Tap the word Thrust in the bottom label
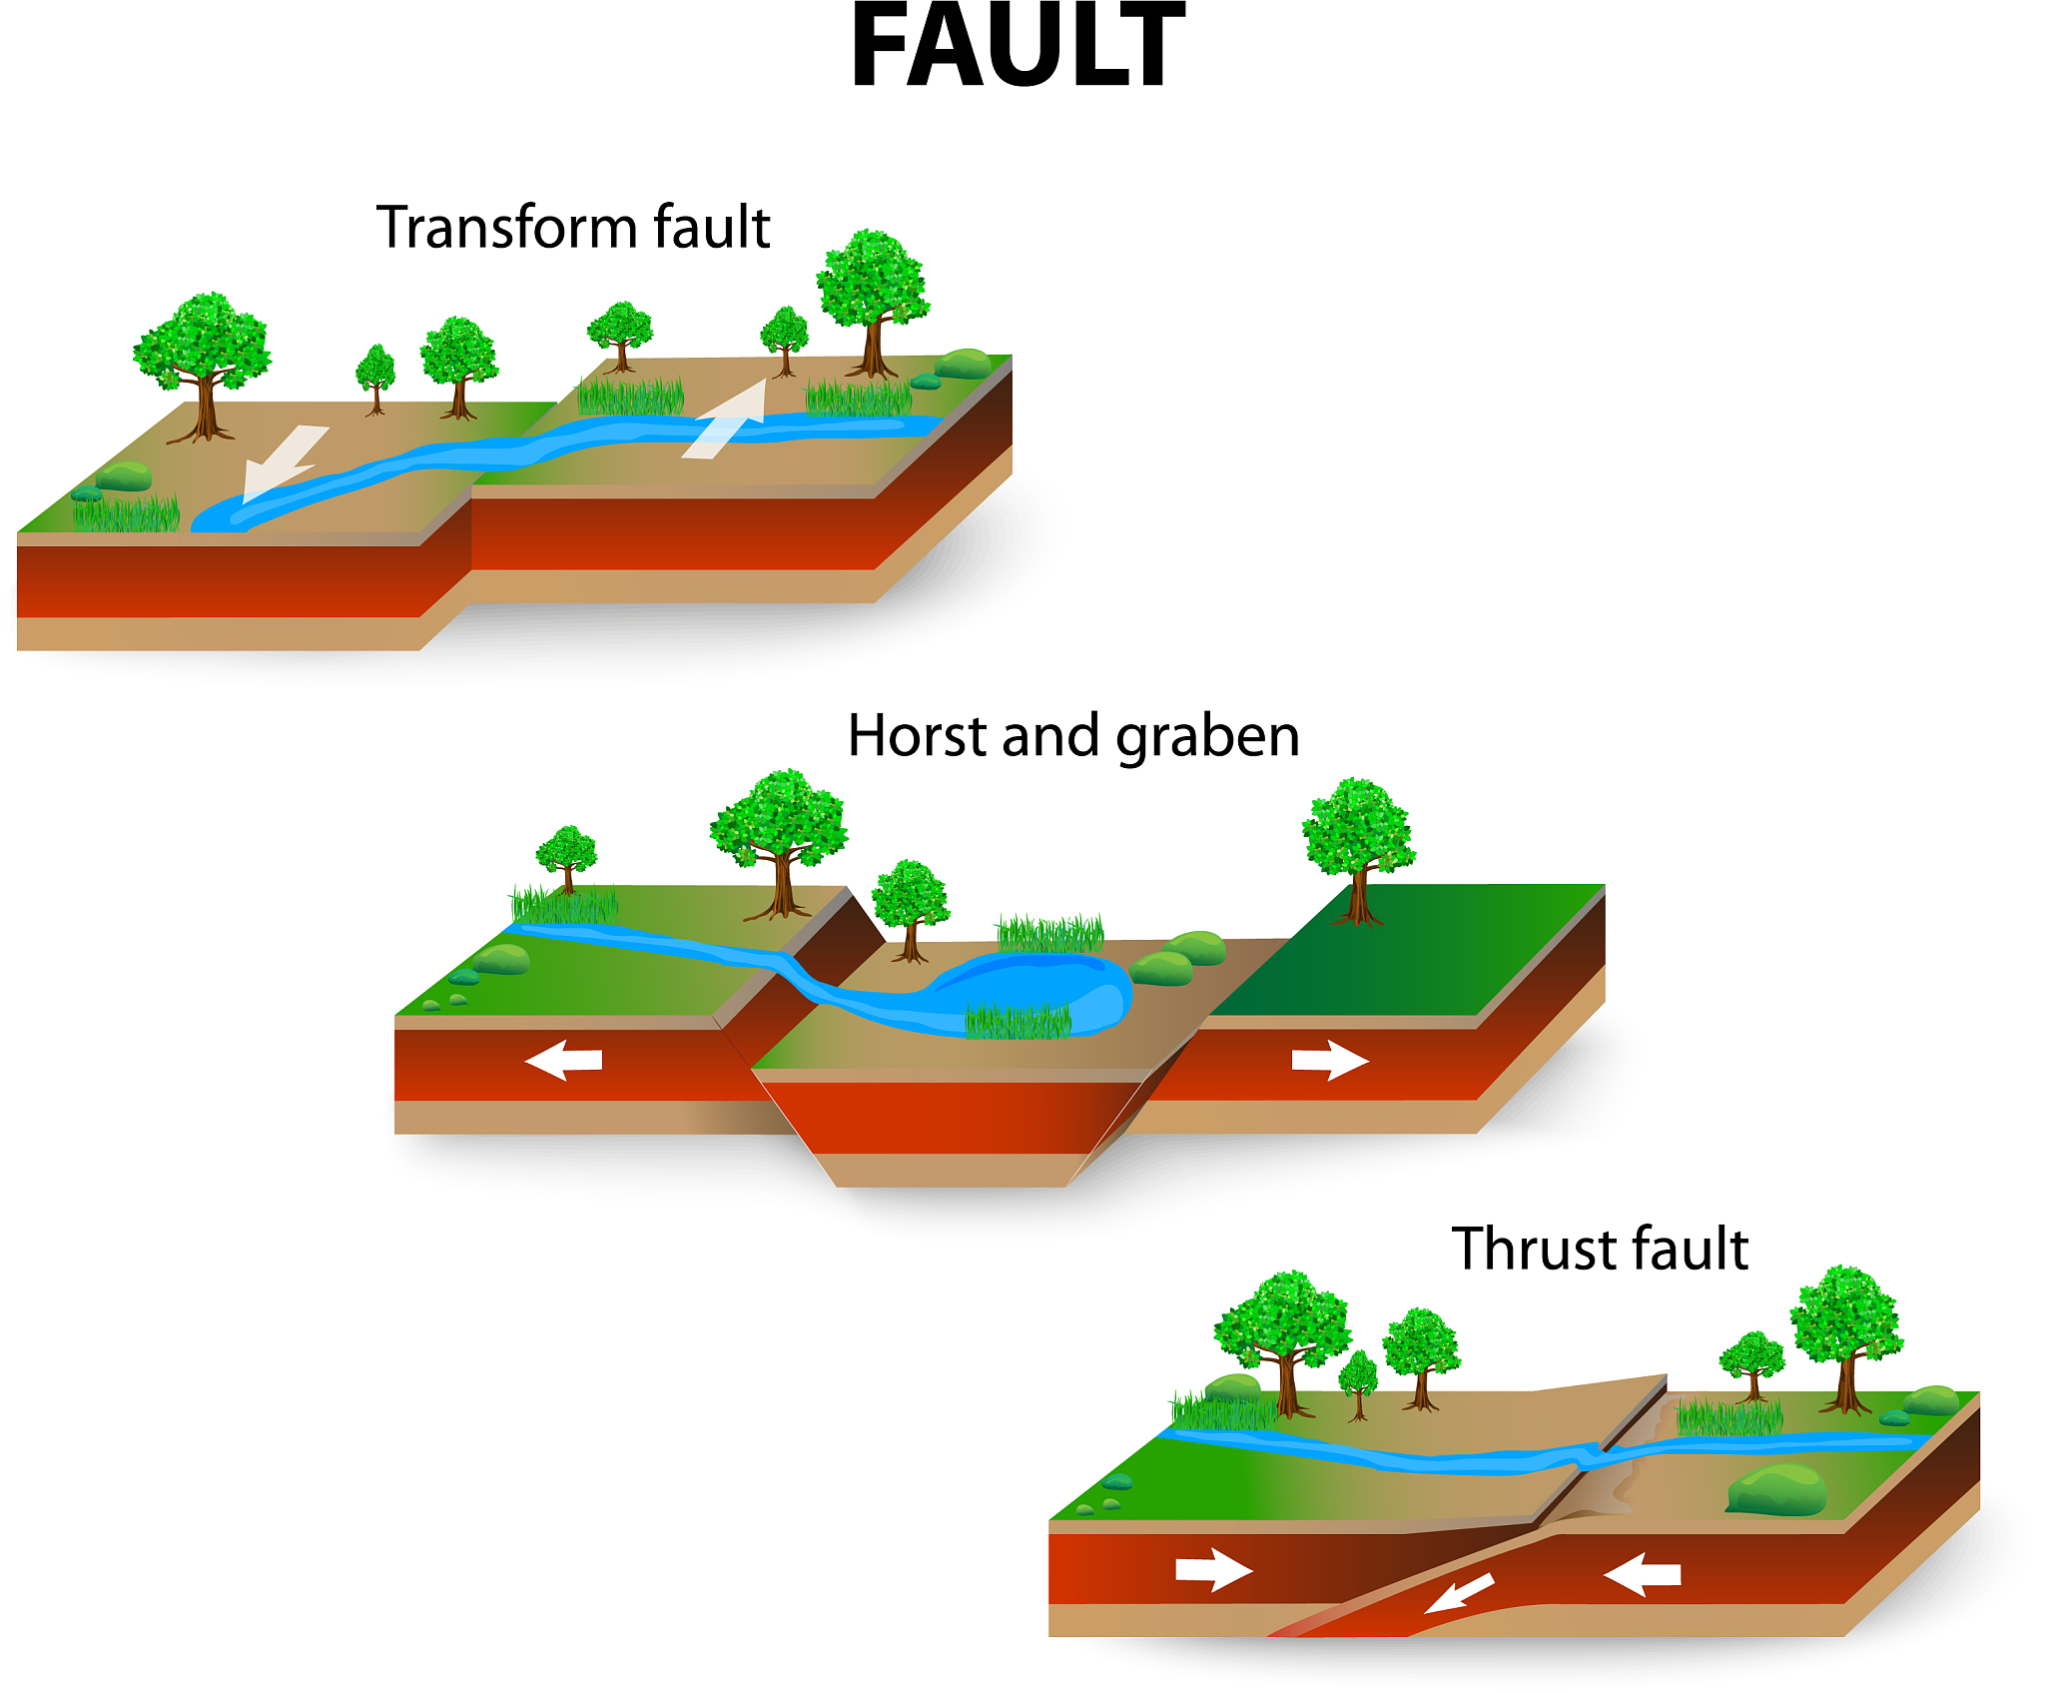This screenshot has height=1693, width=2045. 1536,1249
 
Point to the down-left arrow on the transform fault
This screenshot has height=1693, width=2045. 285,462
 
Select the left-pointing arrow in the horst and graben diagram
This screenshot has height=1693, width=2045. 563,1060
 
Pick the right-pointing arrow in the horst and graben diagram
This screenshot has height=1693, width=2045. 1330,1060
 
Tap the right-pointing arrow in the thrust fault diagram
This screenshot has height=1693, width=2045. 1213,1569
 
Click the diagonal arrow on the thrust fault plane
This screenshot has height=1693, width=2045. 1459,1593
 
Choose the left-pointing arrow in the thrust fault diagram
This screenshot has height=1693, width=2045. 1643,1575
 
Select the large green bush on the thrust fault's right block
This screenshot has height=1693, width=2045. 1777,1489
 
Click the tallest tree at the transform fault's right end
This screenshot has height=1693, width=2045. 874,303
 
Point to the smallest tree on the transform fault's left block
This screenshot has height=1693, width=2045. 375,379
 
